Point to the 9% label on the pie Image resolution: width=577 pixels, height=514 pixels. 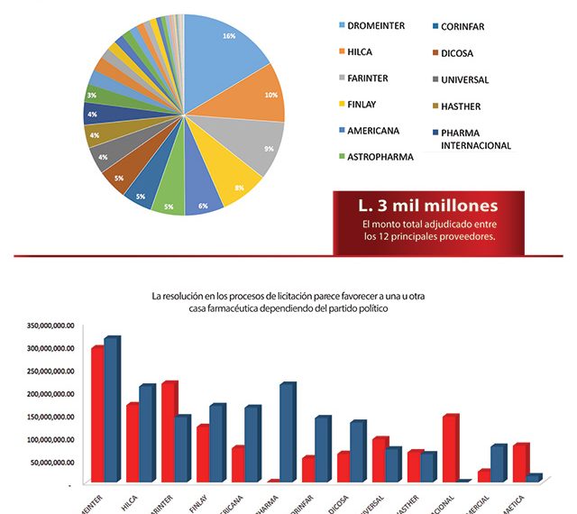tap(269, 147)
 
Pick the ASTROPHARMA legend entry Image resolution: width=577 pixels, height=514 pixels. tap(380, 157)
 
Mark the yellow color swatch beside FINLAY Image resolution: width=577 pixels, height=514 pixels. tap(342, 105)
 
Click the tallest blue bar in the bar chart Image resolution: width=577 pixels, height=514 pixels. tap(111, 410)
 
